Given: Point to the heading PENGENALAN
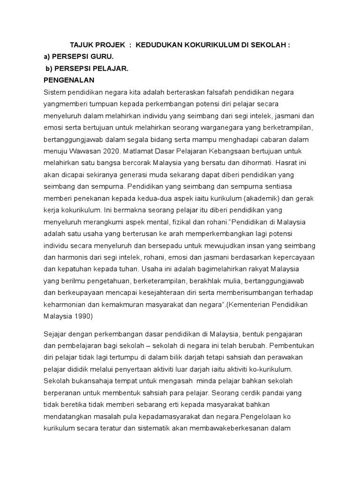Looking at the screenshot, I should [x=68, y=80].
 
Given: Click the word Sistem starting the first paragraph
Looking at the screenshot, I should [x=54, y=91].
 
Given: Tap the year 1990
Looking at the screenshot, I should [x=83, y=315].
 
